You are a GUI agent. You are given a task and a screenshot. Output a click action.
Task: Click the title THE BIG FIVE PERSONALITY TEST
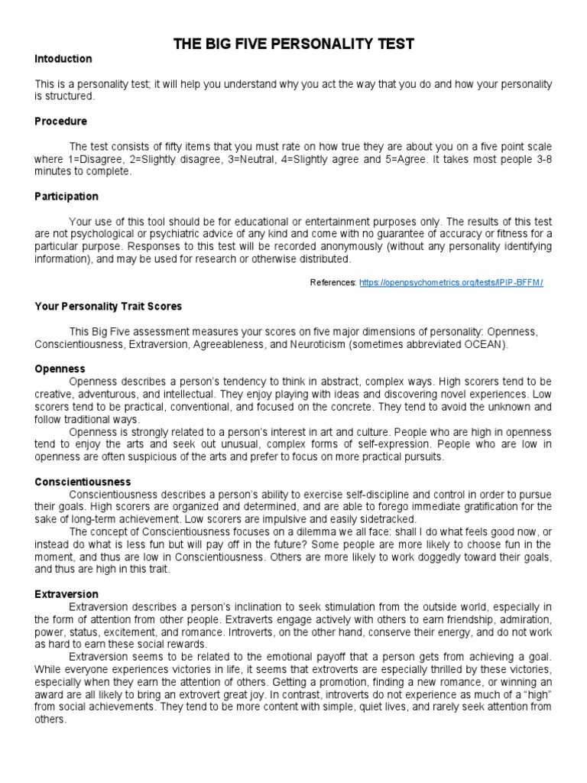[294, 44]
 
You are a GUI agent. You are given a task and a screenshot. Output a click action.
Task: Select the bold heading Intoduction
[63, 59]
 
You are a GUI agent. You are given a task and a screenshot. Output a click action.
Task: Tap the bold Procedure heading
[61, 122]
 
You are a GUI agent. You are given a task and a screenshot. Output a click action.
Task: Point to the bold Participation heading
[66, 197]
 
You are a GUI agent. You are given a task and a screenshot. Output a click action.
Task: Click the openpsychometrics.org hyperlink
[450, 283]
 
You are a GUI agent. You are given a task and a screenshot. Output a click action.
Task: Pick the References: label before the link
[332, 283]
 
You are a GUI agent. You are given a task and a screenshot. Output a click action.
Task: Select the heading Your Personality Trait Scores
[109, 306]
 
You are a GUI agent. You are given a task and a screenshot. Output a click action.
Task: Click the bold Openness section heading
[60, 369]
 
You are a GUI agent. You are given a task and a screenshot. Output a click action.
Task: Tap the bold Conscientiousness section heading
[83, 482]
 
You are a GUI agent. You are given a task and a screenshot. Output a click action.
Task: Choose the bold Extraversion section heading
[66, 594]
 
